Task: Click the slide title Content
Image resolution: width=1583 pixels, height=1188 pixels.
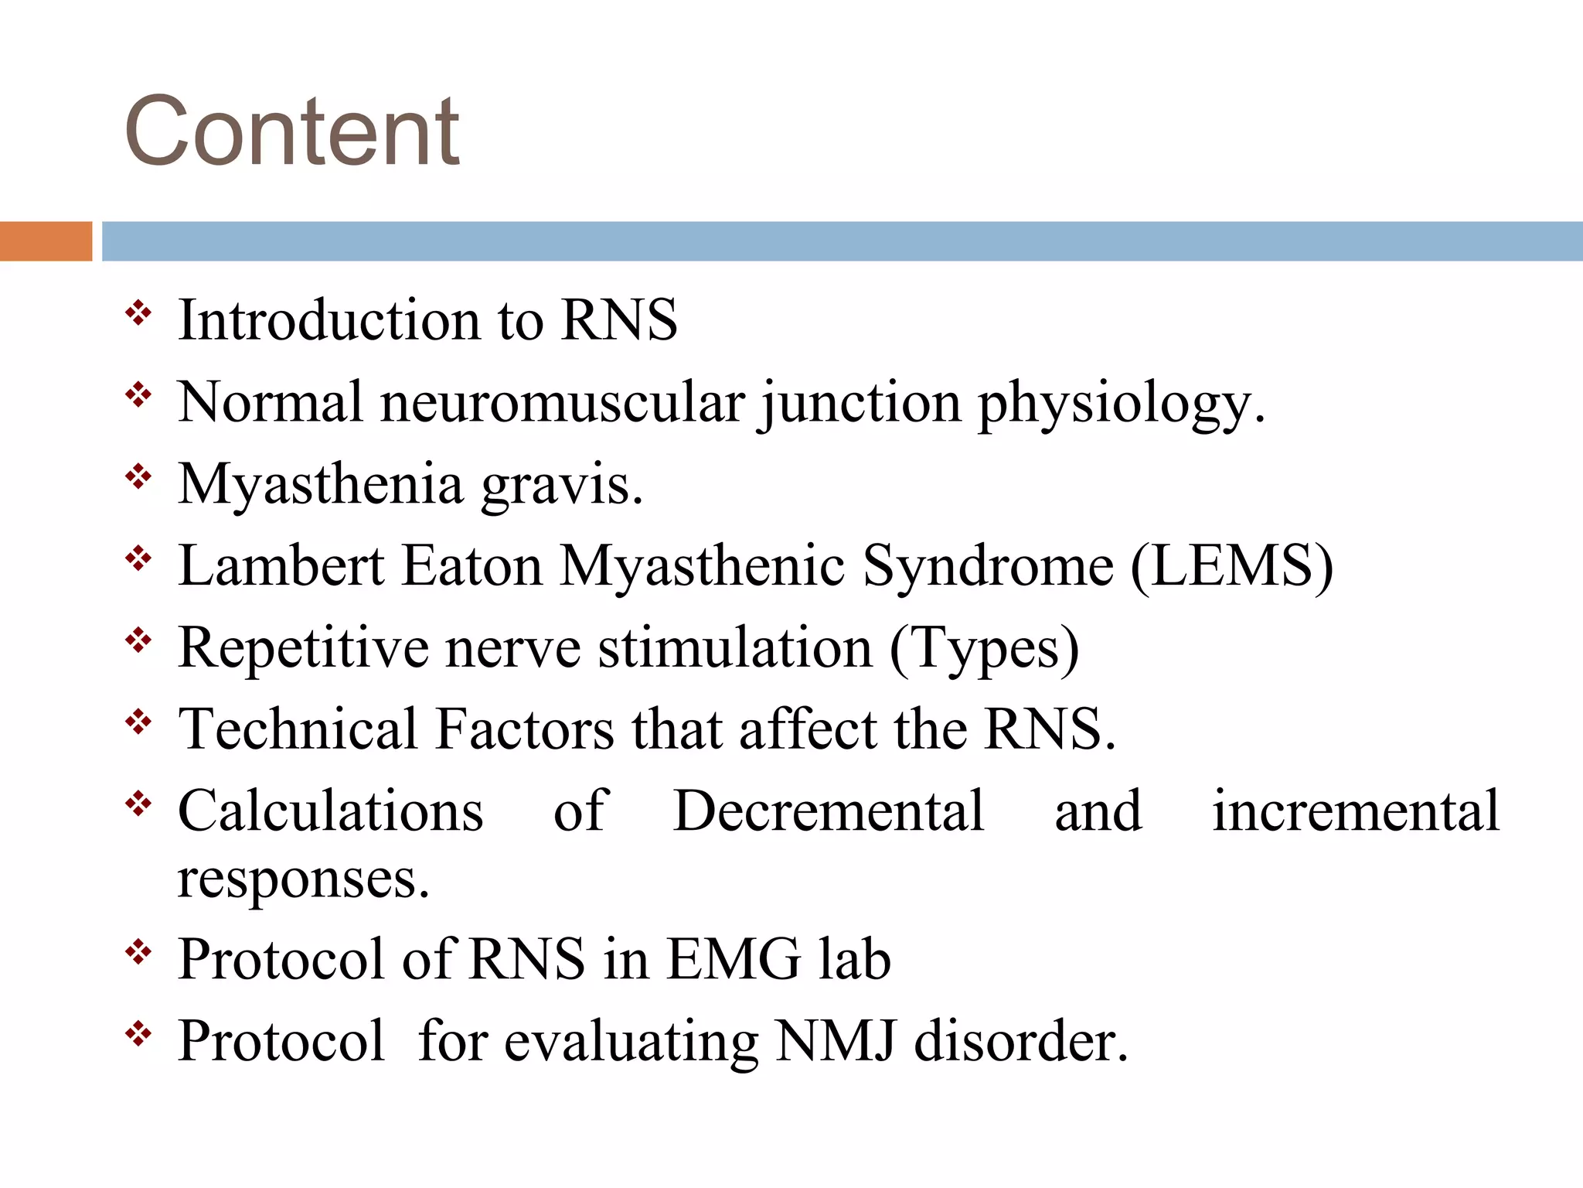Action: [x=292, y=131]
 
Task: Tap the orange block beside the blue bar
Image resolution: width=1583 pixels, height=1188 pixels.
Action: [x=46, y=241]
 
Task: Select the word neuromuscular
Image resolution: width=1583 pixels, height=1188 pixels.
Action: [x=563, y=402]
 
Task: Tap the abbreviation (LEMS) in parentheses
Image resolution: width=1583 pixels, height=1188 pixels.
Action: [x=1231, y=566]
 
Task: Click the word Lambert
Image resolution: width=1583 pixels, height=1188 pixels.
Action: [x=281, y=565]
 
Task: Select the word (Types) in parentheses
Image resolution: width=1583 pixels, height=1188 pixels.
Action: [x=984, y=648]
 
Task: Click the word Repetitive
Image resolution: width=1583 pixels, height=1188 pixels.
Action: [x=303, y=648]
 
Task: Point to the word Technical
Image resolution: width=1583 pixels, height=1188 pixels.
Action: [x=298, y=729]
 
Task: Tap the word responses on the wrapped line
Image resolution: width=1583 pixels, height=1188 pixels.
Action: [x=303, y=880]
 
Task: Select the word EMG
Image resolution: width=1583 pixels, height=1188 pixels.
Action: [x=734, y=959]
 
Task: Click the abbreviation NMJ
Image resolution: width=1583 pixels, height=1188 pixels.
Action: [x=836, y=1041]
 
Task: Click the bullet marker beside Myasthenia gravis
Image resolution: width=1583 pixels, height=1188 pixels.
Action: [x=138, y=477]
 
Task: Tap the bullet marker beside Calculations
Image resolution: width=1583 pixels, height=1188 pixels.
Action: [x=138, y=804]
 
